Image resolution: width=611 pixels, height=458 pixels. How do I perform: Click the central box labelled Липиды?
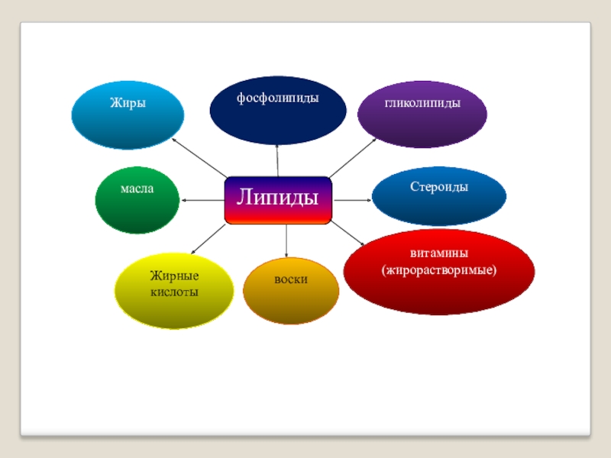(x=278, y=200)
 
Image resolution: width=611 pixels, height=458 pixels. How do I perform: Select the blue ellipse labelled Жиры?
(x=128, y=115)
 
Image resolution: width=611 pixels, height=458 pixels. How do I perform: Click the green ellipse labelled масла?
(x=137, y=200)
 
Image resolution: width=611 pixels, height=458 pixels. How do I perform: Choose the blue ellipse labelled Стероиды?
(x=439, y=196)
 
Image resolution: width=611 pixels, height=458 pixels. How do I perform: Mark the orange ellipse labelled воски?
(x=290, y=291)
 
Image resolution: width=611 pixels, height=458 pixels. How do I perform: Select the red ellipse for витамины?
(x=438, y=272)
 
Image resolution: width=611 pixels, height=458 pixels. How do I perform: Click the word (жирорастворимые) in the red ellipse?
(x=438, y=270)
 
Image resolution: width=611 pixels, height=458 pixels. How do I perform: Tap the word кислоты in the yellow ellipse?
(x=173, y=292)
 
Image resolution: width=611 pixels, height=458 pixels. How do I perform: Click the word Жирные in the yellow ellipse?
(x=173, y=276)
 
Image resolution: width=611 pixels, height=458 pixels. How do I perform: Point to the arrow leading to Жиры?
(x=199, y=158)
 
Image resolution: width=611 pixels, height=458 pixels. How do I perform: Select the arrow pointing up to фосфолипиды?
(x=278, y=160)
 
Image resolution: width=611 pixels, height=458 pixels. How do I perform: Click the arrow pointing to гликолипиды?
(x=353, y=157)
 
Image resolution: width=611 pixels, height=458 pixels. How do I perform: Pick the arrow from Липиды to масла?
(x=203, y=200)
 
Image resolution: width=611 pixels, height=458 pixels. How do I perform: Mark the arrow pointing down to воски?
(x=286, y=240)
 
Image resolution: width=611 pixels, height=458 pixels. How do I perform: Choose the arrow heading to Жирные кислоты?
(x=207, y=239)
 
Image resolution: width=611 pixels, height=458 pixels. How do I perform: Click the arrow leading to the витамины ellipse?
(x=348, y=235)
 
